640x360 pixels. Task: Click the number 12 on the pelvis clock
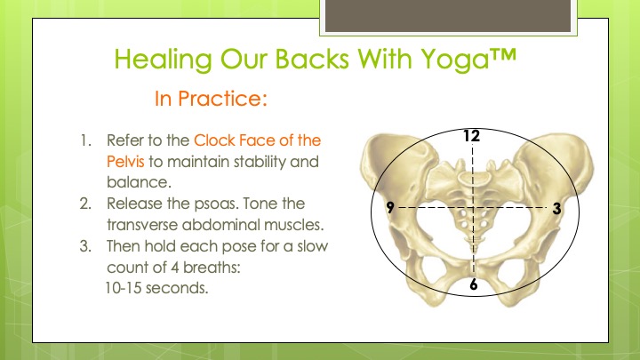[x=471, y=136]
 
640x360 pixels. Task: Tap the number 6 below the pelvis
[x=474, y=284]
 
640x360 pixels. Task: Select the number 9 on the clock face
[x=390, y=207]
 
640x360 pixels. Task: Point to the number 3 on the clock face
[x=556, y=209]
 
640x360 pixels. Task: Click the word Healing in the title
[x=163, y=60]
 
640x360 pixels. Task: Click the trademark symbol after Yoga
[x=503, y=55]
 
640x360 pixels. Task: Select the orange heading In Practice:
[x=211, y=99]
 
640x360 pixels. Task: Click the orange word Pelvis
[x=125, y=162]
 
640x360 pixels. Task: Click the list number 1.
[x=85, y=140]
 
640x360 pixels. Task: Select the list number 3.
[x=85, y=246]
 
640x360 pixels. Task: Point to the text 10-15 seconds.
[x=156, y=288]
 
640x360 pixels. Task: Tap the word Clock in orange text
[x=215, y=140]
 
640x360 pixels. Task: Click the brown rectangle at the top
[x=448, y=15]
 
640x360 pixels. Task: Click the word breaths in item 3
[x=212, y=268]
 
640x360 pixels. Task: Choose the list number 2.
[x=85, y=204]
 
